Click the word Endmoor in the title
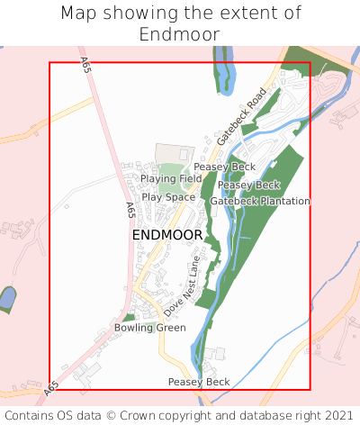coord(179,34)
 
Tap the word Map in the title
coord(78,14)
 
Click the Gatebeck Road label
coord(242,116)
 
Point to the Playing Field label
coord(171,179)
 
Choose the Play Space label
coord(168,197)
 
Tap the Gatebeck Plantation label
coord(260,201)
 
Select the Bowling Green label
coord(149,328)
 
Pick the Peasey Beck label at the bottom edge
coord(199,382)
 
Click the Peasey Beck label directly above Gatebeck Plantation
coord(248,185)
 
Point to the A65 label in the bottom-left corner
coord(51,387)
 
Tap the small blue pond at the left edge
coord(7,298)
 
